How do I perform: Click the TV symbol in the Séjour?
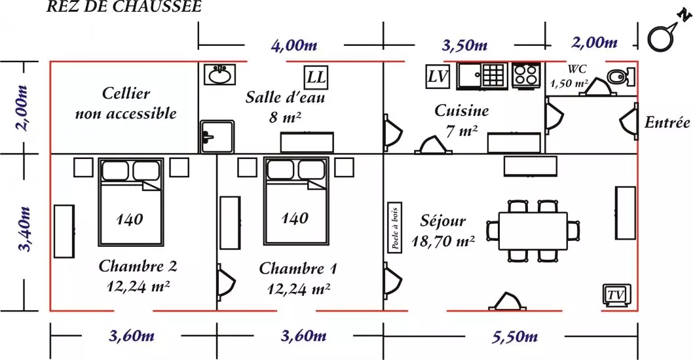(617, 295)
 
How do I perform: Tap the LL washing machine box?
(316, 77)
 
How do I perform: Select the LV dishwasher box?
(438, 77)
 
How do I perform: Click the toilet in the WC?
(621, 77)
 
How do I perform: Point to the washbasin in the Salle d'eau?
(219, 74)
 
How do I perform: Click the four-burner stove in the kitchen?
(527, 74)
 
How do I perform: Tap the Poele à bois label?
(395, 228)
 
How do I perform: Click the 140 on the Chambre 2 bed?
(130, 219)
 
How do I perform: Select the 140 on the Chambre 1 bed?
(295, 218)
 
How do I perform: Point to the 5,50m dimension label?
(515, 337)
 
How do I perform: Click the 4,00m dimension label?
(294, 45)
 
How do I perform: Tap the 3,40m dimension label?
(25, 229)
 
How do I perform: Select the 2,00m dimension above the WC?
(595, 43)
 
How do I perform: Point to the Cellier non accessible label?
(126, 103)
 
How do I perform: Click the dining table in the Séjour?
(533, 231)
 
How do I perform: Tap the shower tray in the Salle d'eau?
(217, 137)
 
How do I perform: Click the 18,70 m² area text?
(443, 241)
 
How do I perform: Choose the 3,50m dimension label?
(464, 45)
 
